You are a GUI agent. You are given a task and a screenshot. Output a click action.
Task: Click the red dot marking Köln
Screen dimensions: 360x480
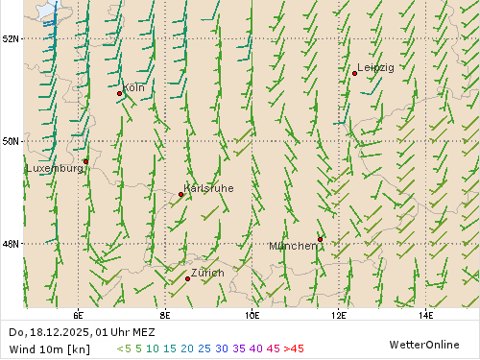pyautogui.click(x=120, y=93)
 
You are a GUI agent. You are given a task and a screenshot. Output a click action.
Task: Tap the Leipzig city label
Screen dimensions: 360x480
pyautogui.click(x=375, y=67)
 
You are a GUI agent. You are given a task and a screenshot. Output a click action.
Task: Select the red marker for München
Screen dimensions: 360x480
pyautogui.click(x=320, y=239)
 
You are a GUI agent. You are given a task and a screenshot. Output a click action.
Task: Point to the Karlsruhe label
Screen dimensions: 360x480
pyautogui.click(x=208, y=188)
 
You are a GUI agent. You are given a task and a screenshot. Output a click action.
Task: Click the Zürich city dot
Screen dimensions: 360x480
pyautogui.click(x=187, y=278)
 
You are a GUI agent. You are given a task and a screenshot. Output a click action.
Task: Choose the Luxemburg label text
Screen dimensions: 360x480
pyautogui.click(x=54, y=168)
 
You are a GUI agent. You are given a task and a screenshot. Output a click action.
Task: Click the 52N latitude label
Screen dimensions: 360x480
pyautogui.click(x=12, y=38)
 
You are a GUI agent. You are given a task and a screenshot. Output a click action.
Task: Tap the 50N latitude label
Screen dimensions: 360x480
pyautogui.click(x=12, y=141)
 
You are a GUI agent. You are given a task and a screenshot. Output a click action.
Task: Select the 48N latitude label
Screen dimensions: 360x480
pyautogui.click(x=12, y=244)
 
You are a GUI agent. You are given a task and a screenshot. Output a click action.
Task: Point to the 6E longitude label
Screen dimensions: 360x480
pyautogui.click(x=78, y=314)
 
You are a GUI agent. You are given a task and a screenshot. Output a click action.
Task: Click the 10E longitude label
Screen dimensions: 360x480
pyautogui.click(x=252, y=314)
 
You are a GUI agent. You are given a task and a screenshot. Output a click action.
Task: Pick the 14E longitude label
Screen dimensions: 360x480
pyautogui.click(x=425, y=314)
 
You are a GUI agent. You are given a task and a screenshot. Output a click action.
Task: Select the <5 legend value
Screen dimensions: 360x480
pyautogui.click(x=124, y=348)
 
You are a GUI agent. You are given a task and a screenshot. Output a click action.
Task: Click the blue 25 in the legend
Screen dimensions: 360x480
pyautogui.click(x=204, y=348)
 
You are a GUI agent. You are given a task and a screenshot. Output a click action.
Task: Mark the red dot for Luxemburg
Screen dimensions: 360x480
pyautogui.click(x=85, y=161)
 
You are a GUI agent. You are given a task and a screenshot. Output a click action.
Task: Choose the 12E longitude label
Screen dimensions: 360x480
pyautogui.click(x=339, y=314)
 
